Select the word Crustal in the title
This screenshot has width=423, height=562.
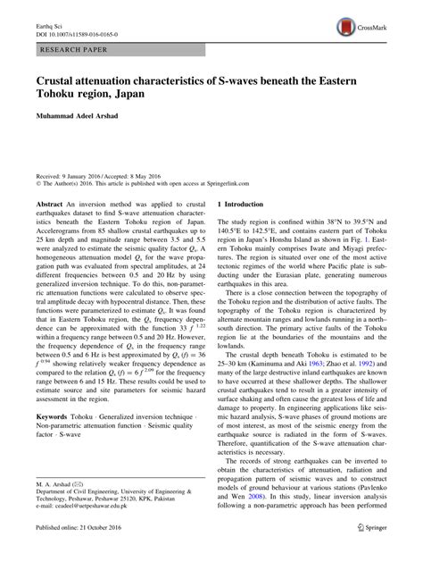pyautogui.click(x=55, y=80)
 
